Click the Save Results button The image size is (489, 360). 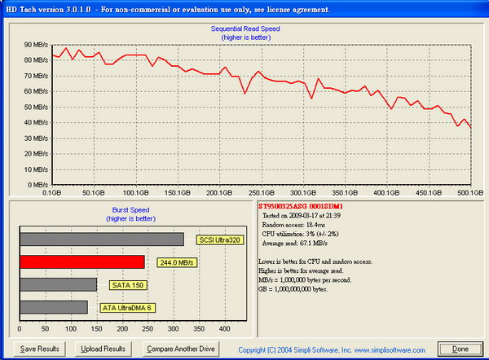pyautogui.click(x=39, y=349)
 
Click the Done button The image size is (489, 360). pyautogui.click(x=460, y=349)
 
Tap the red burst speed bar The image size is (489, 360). pyautogui.click(x=81, y=262)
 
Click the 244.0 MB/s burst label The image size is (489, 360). pyautogui.click(x=174, y=262)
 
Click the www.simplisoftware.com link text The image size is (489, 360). pyautogui.click(x=401, y=349)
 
